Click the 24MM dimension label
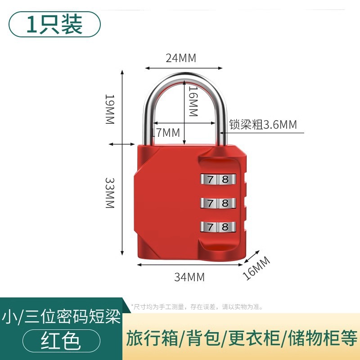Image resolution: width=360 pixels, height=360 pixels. (x=181, y=58)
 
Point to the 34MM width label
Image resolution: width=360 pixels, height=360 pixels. (x=189, y=277)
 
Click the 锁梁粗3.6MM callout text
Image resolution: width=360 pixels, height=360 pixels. (x=263, y=125)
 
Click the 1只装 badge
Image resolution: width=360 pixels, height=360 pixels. (x=54, y=24)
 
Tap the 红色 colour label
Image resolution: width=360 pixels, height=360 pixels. (x=61, y=341)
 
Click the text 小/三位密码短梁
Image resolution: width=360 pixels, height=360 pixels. (x=61, y=317)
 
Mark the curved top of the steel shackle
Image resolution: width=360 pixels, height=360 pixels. (x=184, y=77)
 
